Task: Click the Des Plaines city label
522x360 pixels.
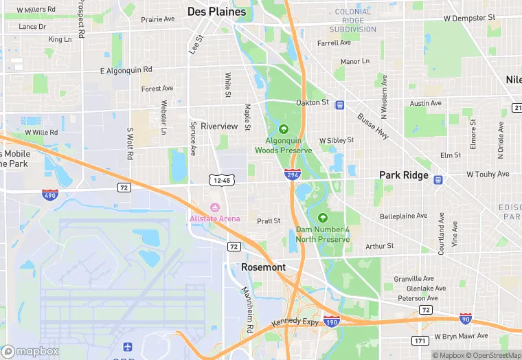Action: pos(216,12)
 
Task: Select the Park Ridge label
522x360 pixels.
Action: pos(404,175)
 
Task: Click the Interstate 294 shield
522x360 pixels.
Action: pos(293,175)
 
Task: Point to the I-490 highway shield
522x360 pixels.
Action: pos(50,194)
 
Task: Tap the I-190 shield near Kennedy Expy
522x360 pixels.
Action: pos(331,321)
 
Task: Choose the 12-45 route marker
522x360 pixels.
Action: pos(223,180)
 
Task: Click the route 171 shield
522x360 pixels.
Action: pos(420,341)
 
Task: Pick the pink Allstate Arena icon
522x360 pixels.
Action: pos(215,207)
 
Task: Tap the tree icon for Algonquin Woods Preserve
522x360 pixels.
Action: pos(284,128)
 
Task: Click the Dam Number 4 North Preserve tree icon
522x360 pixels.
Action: pos(322,218)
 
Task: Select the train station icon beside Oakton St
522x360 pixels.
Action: pos(339,104)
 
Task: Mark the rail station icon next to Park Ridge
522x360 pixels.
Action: pos(438,180)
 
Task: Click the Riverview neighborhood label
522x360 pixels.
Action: pos(219,126)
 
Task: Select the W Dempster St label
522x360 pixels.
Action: pos(470,17)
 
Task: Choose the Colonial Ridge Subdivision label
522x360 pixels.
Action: pos(353,21)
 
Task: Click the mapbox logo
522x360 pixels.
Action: pos(30,351)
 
